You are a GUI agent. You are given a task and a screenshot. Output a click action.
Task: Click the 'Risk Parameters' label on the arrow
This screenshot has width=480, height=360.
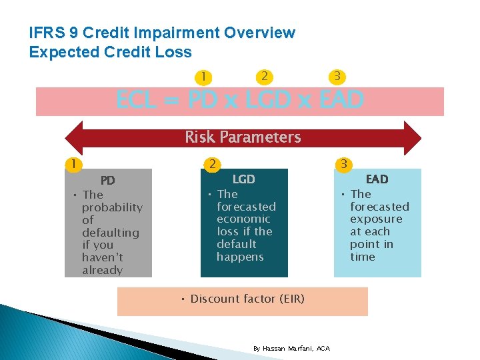click(243, 137)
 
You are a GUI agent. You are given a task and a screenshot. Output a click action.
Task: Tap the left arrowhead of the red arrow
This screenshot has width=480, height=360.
click(73, 138)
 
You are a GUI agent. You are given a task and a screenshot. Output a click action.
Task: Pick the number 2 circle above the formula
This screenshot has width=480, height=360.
click(265, 77)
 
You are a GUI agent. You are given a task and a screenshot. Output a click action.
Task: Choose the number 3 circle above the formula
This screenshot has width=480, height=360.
click(338, 77)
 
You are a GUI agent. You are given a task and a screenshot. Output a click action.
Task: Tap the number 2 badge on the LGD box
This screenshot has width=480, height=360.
click(211, 164)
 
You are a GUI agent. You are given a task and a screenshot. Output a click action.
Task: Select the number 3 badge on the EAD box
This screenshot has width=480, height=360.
click(343, 164)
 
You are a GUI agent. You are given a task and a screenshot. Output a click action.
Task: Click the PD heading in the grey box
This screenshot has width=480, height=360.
click(107, 181)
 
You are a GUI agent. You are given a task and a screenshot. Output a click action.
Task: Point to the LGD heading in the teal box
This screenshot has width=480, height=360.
click(243, 179)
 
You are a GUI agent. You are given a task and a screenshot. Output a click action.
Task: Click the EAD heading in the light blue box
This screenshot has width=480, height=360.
click(377, 179)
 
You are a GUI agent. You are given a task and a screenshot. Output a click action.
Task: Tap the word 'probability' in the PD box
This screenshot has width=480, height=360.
click(112, 207)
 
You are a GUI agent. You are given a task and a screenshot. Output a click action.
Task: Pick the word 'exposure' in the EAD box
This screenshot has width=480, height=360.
click(376, 219)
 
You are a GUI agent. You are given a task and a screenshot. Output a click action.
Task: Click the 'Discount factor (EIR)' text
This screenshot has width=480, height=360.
click(247, 299)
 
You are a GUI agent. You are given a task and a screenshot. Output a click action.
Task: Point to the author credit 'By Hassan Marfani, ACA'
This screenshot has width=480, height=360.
click(291, 349)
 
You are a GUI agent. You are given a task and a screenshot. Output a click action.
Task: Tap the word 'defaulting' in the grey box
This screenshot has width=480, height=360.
click(110, 233)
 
